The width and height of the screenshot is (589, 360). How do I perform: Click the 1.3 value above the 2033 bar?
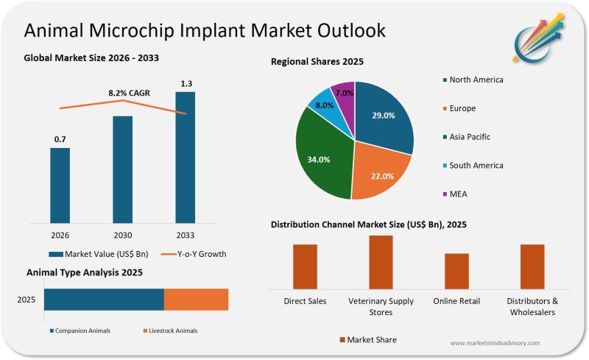tap(186, 83)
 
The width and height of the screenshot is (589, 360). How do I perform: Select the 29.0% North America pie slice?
tap(383, 118)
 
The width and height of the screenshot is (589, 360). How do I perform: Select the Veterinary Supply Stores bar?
tap(381, 262)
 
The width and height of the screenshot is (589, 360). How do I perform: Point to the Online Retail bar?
tap(456, 271)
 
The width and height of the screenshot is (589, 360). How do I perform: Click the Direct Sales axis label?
tap(305, 301)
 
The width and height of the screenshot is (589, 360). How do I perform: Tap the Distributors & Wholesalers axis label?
tap(532, 306)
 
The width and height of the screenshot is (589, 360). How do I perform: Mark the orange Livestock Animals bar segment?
tap(196, 300)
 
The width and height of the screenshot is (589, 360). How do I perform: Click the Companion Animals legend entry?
tap(80, 331)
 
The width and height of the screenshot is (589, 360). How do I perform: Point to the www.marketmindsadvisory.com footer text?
tap(494, 343)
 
